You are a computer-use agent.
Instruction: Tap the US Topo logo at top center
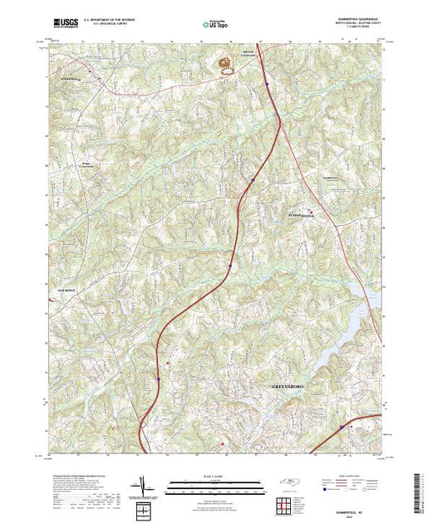click(x=215, y=25)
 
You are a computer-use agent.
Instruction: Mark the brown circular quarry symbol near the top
click(x=224, y=63)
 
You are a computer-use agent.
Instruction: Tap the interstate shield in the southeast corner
click(x=340, y=428)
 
